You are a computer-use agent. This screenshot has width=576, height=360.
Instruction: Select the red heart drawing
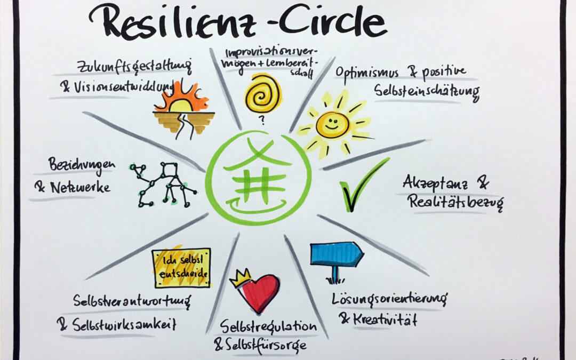258,294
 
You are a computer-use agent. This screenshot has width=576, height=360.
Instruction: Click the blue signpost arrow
336,255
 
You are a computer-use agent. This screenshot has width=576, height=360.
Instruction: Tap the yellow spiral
263,93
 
